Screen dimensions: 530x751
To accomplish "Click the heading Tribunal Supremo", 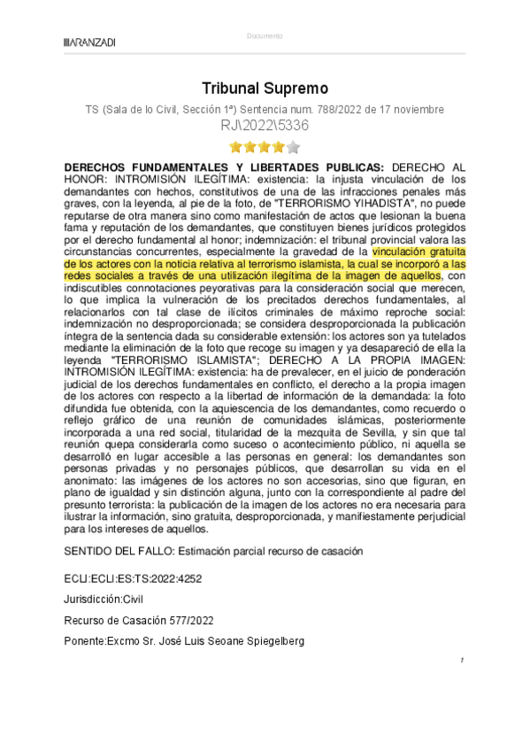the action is point(265,89).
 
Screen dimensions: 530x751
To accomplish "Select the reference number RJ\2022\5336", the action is point(265,126).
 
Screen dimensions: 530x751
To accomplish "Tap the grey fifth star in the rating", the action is point(294,147).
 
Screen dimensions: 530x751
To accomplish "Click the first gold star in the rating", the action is point(235,147).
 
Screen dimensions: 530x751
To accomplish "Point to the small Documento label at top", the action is point(265,36).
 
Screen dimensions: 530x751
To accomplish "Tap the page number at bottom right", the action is point(462,661).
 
